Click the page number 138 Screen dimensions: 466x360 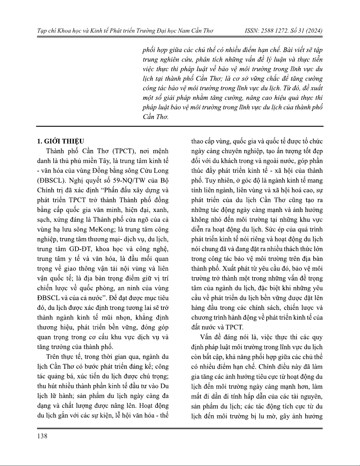tap(42, 436)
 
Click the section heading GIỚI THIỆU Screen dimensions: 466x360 tap(64, 141)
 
